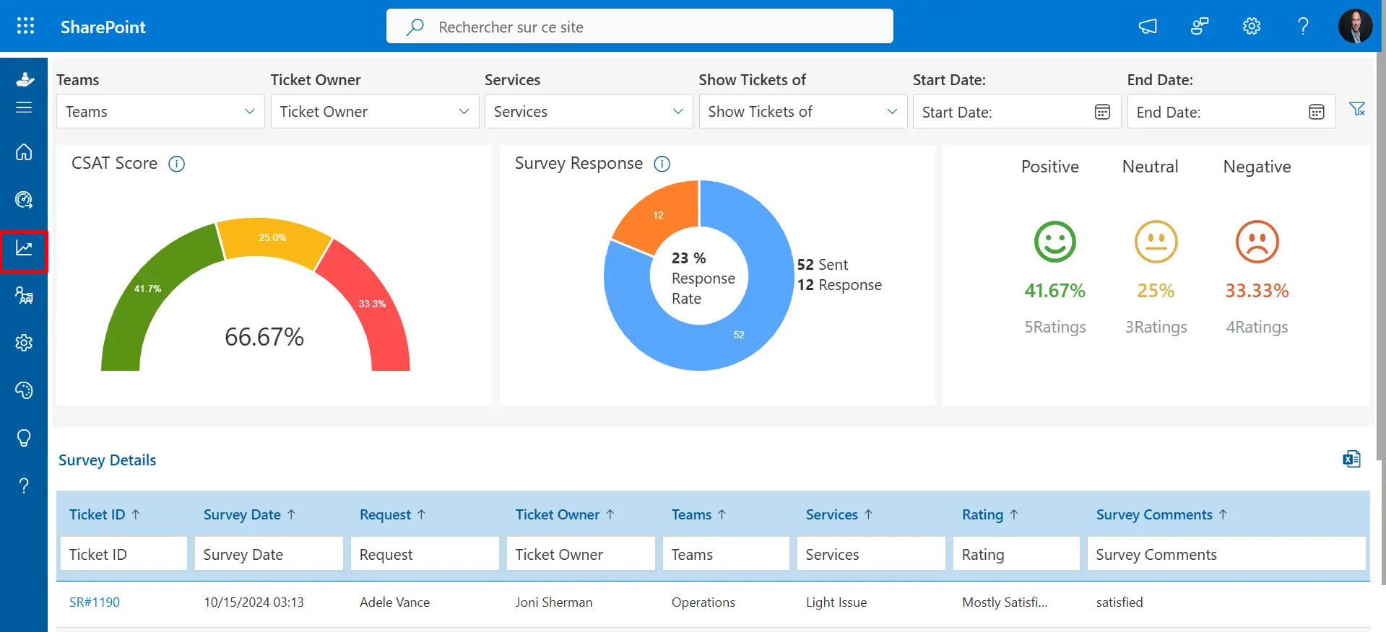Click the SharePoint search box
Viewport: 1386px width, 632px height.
[x=639, y=27]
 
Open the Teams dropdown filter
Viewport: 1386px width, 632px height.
[x=160, y=111]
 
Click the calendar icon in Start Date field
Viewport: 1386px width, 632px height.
[x=1101, y=112]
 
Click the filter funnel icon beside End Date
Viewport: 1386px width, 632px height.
[x=1357, y=109]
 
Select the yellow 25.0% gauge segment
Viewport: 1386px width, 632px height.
[x=273, y=242]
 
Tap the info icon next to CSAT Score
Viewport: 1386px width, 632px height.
[x=176, y=164]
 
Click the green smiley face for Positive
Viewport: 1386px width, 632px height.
[x=1054, y=242]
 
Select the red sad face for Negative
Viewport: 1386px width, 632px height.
[x=1257, y=242]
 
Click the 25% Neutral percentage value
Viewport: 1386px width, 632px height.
[x=1156, y=291]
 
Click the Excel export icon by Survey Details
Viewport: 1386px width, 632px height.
[x=1351, y=459]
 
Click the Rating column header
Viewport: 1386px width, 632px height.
[x=982, y=514]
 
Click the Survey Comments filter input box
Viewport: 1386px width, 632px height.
[x=1226, y=554]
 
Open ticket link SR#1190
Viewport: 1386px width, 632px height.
[x=95, y=602]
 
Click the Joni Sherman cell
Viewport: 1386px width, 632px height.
[x=554, y=602]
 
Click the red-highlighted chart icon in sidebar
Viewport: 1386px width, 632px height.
[x=24, y=249]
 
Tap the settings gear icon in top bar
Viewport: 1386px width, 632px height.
[x=1251, y=27]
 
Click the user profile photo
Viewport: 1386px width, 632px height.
[x=1354, y=27]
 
